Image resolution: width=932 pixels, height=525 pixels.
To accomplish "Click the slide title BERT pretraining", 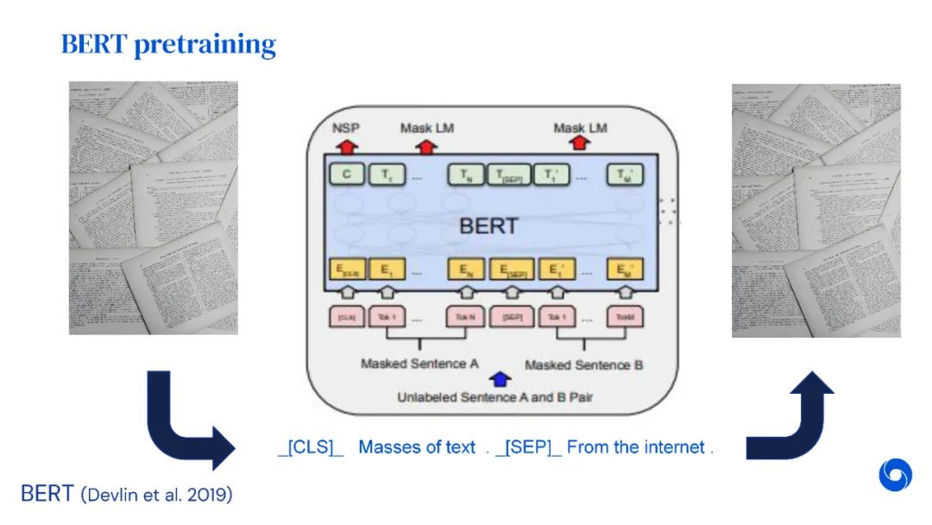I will pyautogui.click(x=168, y=44).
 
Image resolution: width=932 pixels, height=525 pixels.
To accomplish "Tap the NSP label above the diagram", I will pyautogui.click(x=346, y=128).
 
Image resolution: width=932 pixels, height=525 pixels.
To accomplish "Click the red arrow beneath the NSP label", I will pyautogui.click(x=346, y=145).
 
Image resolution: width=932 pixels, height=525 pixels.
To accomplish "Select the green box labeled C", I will pyautogui.click(x=346, y=175).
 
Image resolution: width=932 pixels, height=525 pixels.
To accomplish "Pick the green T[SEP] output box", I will pyautogui.click(x=508, y=175).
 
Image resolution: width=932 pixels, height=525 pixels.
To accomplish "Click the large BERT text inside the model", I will pyautogui.click(x=488, y=226).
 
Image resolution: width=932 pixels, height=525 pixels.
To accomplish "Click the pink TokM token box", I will pyautogui.click(x=625, y=317).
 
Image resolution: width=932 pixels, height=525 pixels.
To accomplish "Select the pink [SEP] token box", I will pyautogui.click(x=512, y=317).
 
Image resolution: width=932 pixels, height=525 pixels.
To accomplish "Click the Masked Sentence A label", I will pyautogui.click(x=419, y=364).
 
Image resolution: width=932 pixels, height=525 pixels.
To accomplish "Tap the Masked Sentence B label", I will pyautogui.click(x=583, y=364).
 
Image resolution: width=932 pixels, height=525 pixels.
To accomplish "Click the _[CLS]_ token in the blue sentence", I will pyautogui.click(x=311, y=447).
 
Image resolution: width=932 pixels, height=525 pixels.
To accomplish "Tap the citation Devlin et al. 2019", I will pyautogui.click(x=157, y=496).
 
